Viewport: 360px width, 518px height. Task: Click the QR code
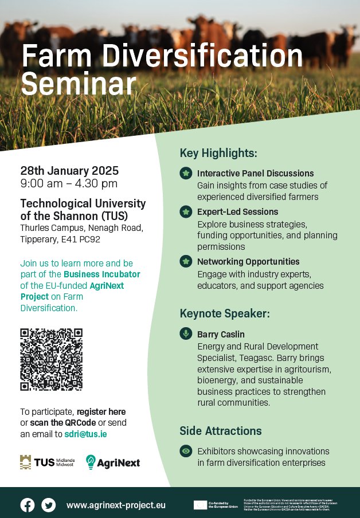click(x=51, y=359)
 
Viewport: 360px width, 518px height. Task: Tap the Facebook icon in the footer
click(x=28, y=505)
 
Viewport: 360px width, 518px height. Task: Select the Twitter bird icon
click(x=49, y=505)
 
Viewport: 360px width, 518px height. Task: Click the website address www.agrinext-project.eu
click(x=116, y=505)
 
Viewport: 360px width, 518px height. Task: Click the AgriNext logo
click(x=113, y=462)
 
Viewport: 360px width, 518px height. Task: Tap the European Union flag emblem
click(x=200, y=505)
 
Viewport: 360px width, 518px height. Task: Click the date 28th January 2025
click(x=69, y=171)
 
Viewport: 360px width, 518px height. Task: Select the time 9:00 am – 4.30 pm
click(x=69, y=183)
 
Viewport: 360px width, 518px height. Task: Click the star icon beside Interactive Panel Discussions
click(x=185, y=173)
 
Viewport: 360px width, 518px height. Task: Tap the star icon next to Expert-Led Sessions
click(x=185, y=211)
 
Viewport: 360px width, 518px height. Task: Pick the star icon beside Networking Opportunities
click(x=185, y=262)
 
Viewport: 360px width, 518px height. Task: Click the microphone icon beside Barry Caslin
click(x=185, y=333)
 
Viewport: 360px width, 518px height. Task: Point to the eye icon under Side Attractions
click(x=185, y=451)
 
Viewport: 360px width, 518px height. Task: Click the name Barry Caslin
click(x=221, y=334)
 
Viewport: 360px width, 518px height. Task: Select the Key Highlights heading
click(x=218, y=153)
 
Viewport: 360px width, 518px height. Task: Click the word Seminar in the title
click(x=79, y=84)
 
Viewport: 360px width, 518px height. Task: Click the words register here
click(x=101, y=411)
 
